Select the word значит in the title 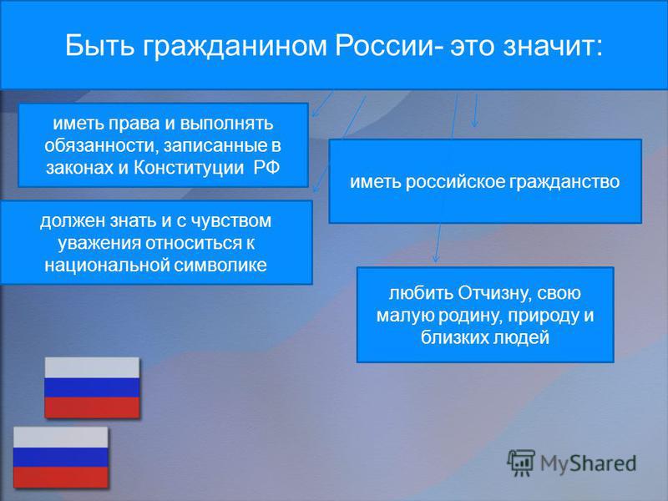click(553, 46)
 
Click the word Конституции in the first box click(189, 168)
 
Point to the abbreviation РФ click(266, 168)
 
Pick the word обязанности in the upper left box click(101, 145)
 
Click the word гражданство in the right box click(564, 182)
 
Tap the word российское click(454, 182)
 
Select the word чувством click(231, 221)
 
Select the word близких click(454, 338)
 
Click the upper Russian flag click(92, 387)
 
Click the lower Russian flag click(60, 458)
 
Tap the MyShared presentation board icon click(520, 463)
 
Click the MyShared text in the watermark click(588, 463)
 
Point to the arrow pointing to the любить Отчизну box click(438, 243)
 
